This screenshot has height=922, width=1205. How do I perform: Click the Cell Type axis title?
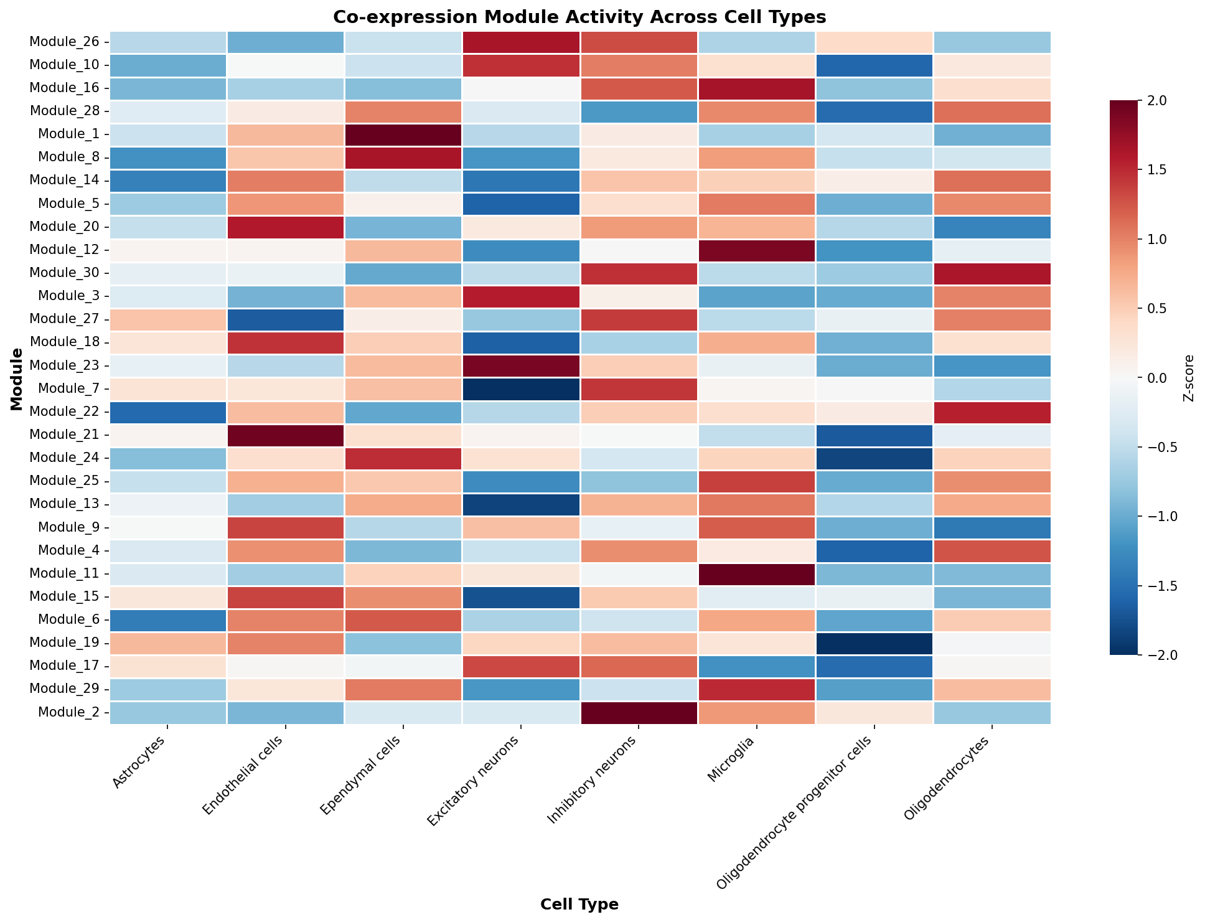pos(579,905)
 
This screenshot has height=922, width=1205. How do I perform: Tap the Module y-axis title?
pos(17,379)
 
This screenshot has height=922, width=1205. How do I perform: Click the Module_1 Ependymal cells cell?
pos(403,134)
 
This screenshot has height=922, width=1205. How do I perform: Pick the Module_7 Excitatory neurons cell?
pos(521,389)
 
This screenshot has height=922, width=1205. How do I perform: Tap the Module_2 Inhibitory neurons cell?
pos(639,712)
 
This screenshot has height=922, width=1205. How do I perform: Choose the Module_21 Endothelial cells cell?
pos(286,435)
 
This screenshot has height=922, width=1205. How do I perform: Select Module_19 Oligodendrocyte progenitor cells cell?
pos(874,643)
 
